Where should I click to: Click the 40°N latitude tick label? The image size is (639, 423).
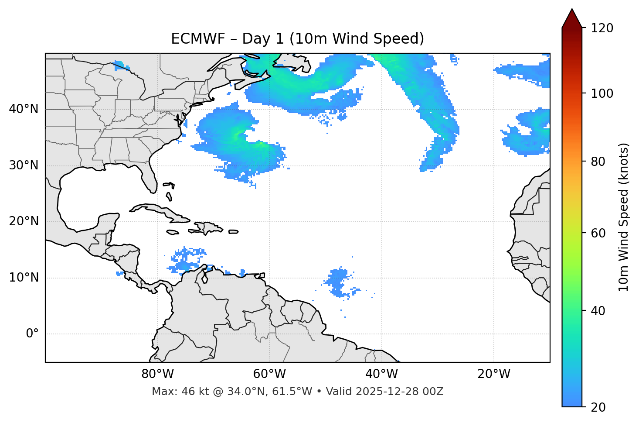tap(24, 109)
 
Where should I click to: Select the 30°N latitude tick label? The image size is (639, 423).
tap(24, 165)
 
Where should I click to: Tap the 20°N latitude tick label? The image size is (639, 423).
tap(24, 221)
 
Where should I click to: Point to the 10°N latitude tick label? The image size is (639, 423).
tap(24, 278)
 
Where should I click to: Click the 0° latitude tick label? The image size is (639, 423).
tap(32, 334)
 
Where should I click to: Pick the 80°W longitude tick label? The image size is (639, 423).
tap(157, 374)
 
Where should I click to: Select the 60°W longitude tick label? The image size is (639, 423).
tap(269, 374)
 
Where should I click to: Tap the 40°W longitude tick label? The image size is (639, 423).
tap(381, 374)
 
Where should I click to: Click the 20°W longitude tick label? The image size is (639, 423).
tap(493, 374)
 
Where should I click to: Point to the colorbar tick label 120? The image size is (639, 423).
tap(602, 28)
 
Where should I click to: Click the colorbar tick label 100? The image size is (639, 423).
tap(602, 93)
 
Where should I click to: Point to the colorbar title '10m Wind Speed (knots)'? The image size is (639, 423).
tap(623, 217)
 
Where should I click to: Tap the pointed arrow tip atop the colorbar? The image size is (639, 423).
tap(572, 10)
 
